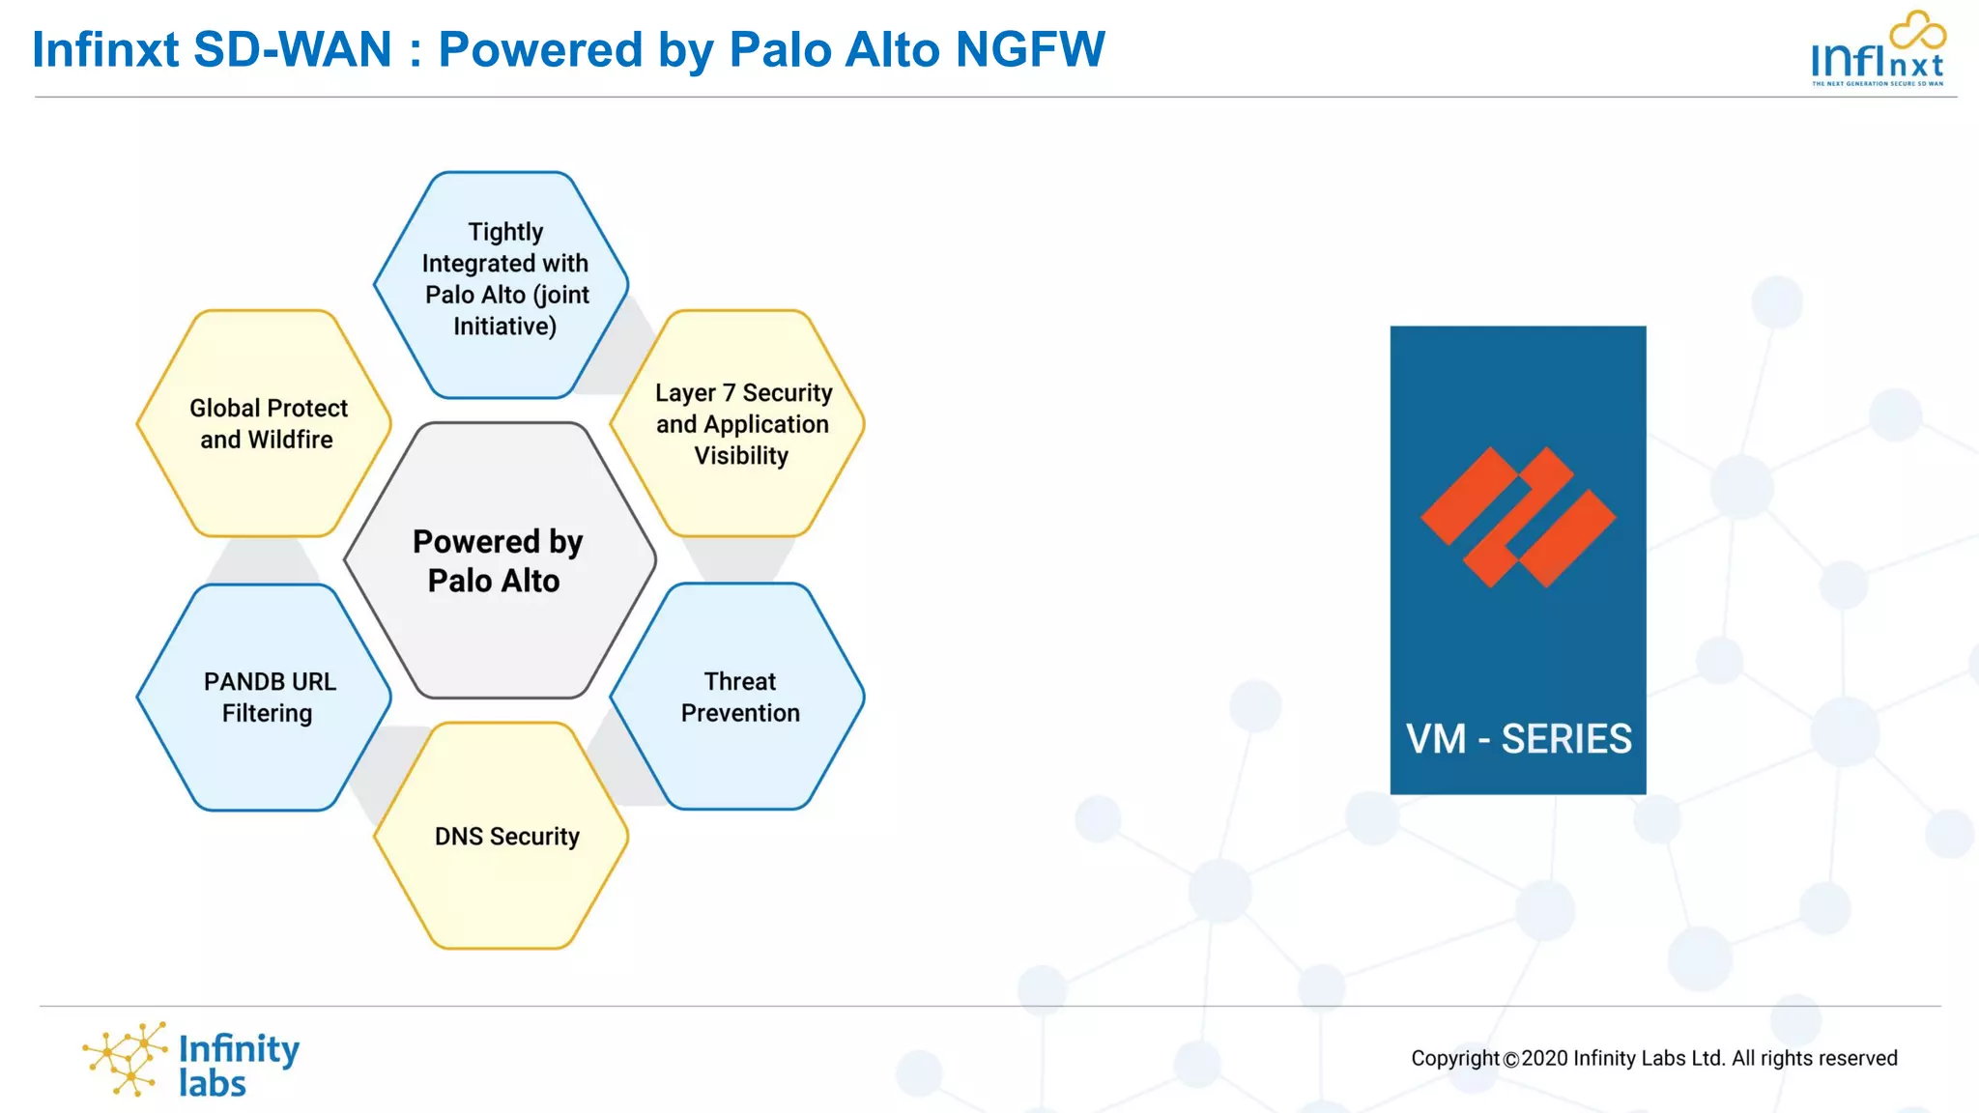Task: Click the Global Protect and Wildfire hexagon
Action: point(265,423)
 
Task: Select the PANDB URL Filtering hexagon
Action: point(265,697)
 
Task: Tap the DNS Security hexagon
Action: point(502,836)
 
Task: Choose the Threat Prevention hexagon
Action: point(738,697)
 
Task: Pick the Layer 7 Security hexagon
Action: point(738,423)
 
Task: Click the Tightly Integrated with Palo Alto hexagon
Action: point(502,285)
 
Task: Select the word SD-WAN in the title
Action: point(292,49)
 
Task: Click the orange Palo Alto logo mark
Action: point(1517,517)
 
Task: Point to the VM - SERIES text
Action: point(1518,739)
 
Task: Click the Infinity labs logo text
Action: point(238,1065)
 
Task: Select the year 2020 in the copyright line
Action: point(1544,1058)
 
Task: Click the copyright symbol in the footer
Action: point(1510,1059)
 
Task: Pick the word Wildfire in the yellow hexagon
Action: point(290,440)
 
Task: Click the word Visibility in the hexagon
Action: point(741,455)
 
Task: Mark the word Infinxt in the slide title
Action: point(105,49)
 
